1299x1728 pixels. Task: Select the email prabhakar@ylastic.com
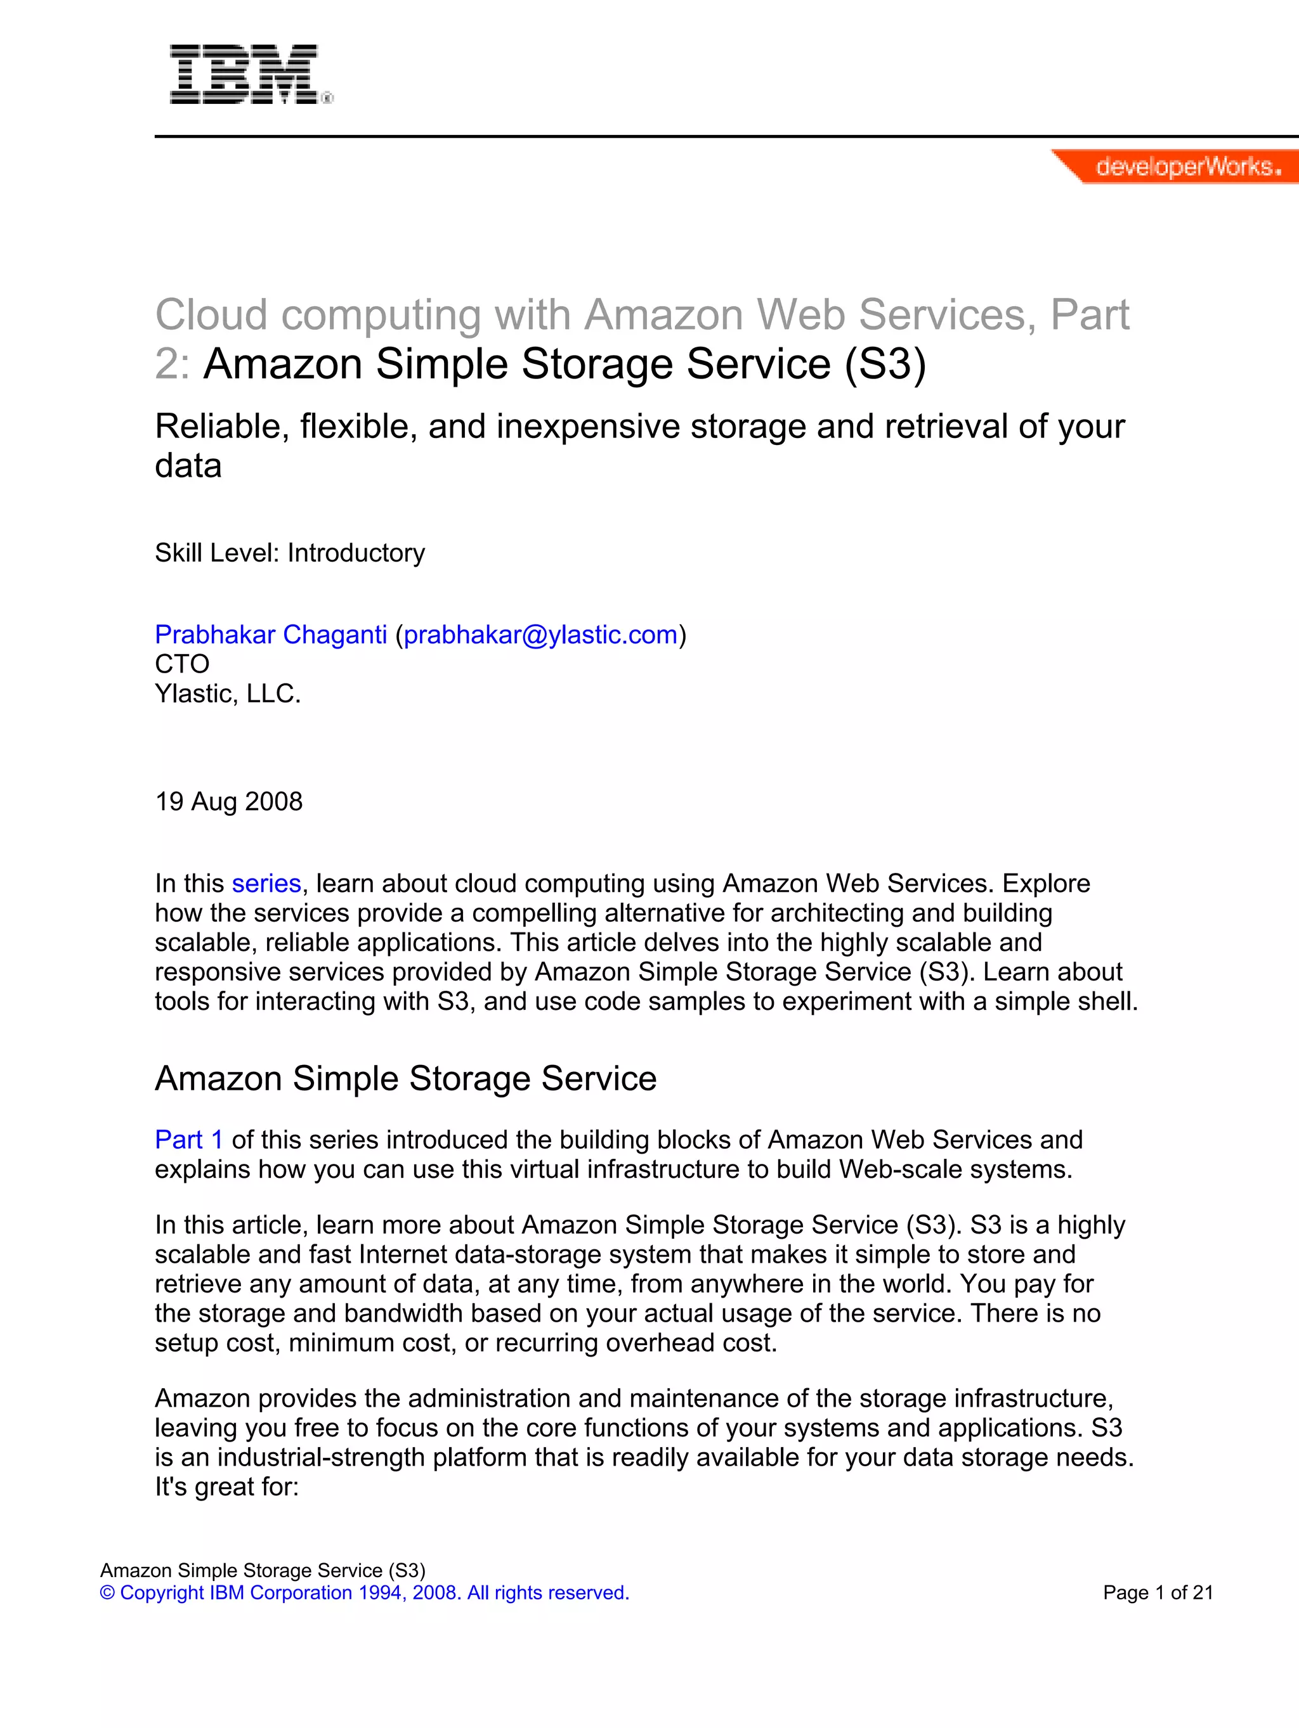[540, 635]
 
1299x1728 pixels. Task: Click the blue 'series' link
[266, 883]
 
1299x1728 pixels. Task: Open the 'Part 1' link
[189, 1139]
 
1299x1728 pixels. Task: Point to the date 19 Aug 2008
[228, 801]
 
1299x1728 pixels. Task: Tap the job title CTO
[182, 664]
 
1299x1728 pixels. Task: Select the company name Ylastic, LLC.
[228, 693]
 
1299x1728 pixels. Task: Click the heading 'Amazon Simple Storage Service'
[406, 1078]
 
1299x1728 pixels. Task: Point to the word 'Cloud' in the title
[211, 315]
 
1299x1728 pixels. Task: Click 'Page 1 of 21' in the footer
[1158, 1592]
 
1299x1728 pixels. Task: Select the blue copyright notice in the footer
[364, 1592]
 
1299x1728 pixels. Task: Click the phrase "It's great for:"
[226, 1486]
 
